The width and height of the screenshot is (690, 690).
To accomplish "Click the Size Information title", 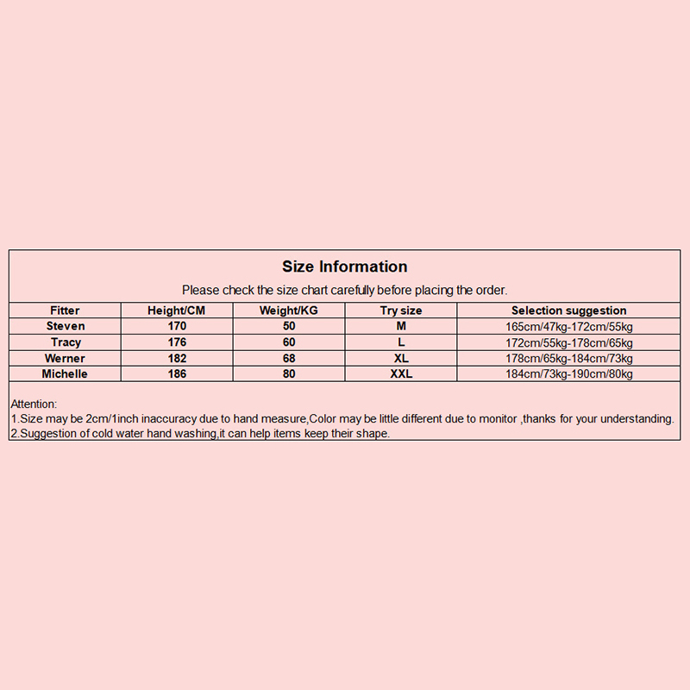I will [x=345, y=267].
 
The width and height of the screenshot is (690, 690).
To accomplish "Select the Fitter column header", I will [x=66, y=310].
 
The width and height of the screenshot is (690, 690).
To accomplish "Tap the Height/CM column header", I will [x=177, y=310].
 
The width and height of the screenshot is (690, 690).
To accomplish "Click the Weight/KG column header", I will [x=289, y=310].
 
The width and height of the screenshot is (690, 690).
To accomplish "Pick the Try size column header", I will [x=401, y=310].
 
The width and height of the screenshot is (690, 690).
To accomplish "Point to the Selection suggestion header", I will [x=569, y=310].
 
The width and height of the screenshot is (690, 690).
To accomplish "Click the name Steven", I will [x=66, y=326].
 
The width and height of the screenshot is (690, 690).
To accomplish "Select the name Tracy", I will [x=66, y=342].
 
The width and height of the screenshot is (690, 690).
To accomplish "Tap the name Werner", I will [x=66, y=358].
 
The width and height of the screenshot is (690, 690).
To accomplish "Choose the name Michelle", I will [x=66, y=373].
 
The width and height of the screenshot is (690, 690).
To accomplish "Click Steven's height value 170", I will [x=177, y=326].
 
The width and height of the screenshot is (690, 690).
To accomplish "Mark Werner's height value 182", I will [x=177, y=358].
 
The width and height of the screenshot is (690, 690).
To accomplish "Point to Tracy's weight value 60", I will [x=289, y=342].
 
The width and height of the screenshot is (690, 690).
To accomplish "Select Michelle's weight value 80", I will [x=289, y=373].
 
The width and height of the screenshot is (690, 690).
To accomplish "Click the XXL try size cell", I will [x=401, y=373].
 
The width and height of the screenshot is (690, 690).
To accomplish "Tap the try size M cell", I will [x=401, y=326].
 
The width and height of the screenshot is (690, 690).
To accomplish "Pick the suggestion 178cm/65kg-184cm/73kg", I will [x=569, y=359].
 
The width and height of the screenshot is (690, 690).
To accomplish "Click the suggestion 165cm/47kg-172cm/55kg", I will [x=569, y=327].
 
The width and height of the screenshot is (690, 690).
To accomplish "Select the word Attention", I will [x=34, y=404].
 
